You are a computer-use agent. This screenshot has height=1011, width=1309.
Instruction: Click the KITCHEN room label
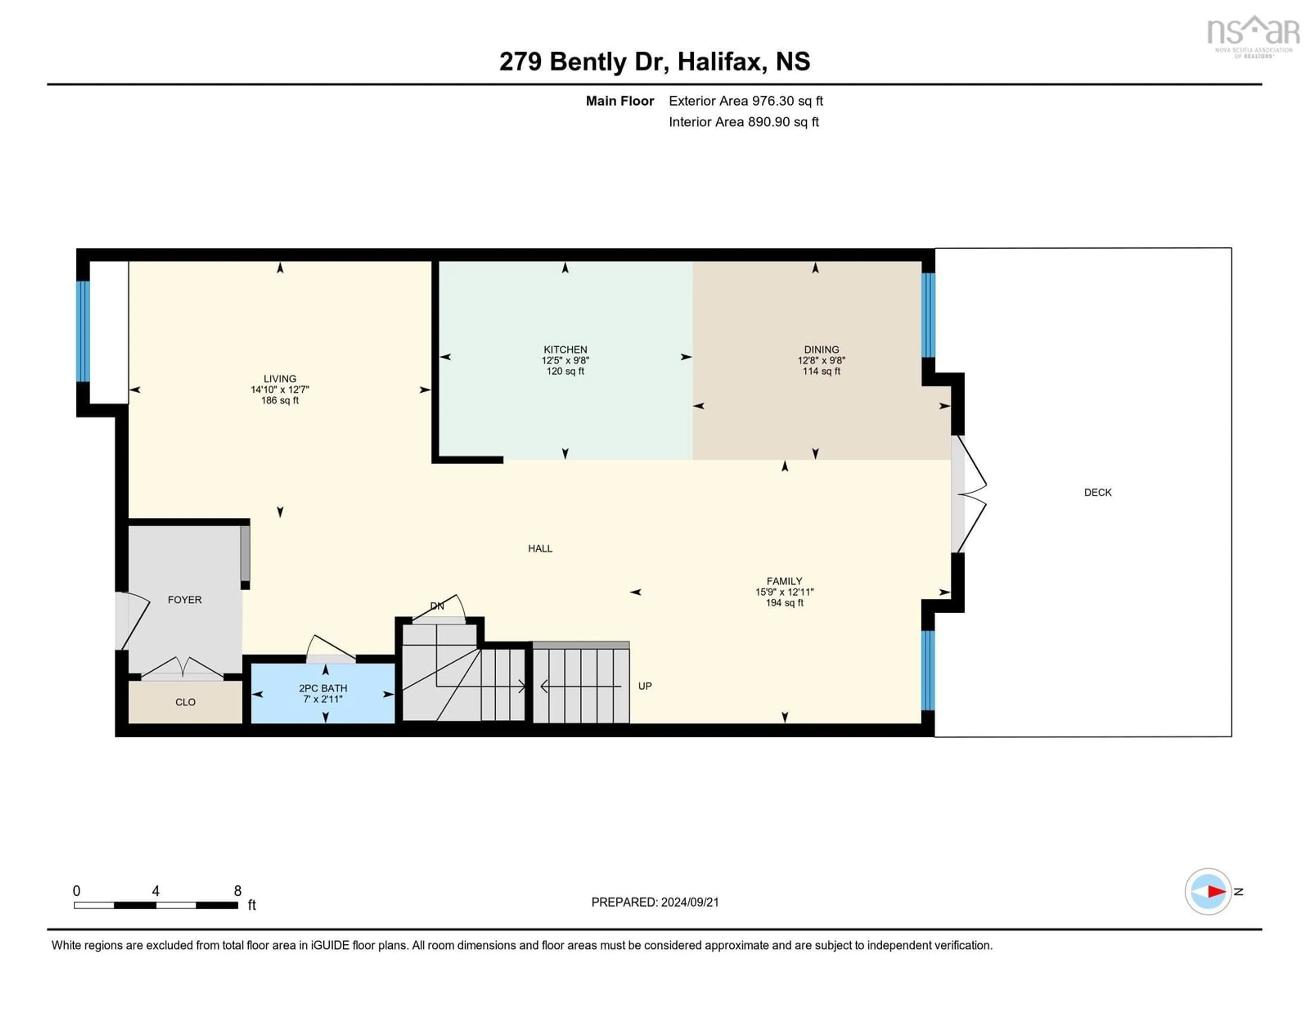click(x=565, y=349)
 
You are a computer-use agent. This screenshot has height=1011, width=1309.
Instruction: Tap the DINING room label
click(x=821, y=349)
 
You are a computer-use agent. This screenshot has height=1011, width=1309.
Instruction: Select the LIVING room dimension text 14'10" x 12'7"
click(x=280, y=390)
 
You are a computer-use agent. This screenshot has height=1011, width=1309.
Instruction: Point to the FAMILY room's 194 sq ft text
click(x=784, y=603)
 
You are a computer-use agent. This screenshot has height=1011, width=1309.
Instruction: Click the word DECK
click(x=1097, y=493)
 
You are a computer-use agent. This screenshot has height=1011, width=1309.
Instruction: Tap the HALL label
click(x=540, y=548)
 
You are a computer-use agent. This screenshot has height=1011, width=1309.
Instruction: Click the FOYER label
click(x=185, y=600)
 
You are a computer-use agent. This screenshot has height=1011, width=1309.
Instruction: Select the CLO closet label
click(x=185, y=703)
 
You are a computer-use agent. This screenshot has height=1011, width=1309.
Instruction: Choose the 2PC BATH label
click(x=323, y=689)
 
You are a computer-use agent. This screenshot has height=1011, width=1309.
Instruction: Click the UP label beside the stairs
click(x=645, y=686)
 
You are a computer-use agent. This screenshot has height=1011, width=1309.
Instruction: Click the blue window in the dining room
click(x=928, y=315)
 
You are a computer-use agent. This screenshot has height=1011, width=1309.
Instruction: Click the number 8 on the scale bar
click(x=237, y=891)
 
